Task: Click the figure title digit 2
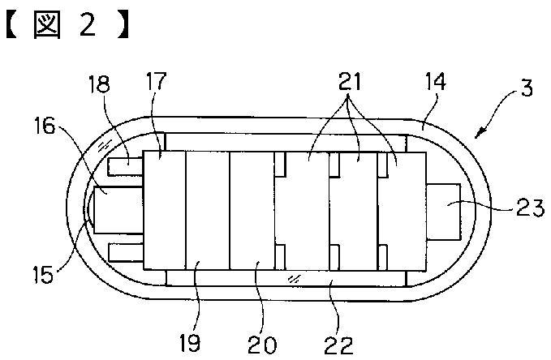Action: coord(87,27)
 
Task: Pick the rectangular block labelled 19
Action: coord(208,209)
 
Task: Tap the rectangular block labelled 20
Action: coord(252,209)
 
